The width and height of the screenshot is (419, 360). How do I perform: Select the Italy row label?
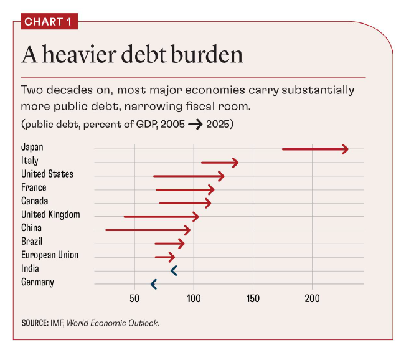[x=30, y=161]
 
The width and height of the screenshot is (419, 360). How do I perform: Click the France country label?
[x=34, y=187]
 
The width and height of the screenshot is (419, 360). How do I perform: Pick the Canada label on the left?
[x=34, y=201]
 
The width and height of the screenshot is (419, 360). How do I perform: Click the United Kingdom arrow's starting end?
[x=125, y=217]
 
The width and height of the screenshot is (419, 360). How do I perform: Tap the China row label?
[x=31, y=228]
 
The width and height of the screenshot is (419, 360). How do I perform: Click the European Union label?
[x=50, y=255]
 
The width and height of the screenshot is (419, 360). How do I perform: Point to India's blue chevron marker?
[x=174, y=270]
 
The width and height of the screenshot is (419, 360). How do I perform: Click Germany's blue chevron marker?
[x=153, y=284]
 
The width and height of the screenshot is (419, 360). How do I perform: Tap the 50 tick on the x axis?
[x=134, y=299]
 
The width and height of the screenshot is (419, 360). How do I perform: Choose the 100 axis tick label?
[x=194, y=299]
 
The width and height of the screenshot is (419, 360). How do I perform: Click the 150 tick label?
[x=253, y=299]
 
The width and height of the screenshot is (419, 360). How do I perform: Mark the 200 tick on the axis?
[x=312, y=299]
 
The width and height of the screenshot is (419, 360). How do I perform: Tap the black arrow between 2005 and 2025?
[x=194, y=124]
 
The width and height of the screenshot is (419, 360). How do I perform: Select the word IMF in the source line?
[x=57, y=323]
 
